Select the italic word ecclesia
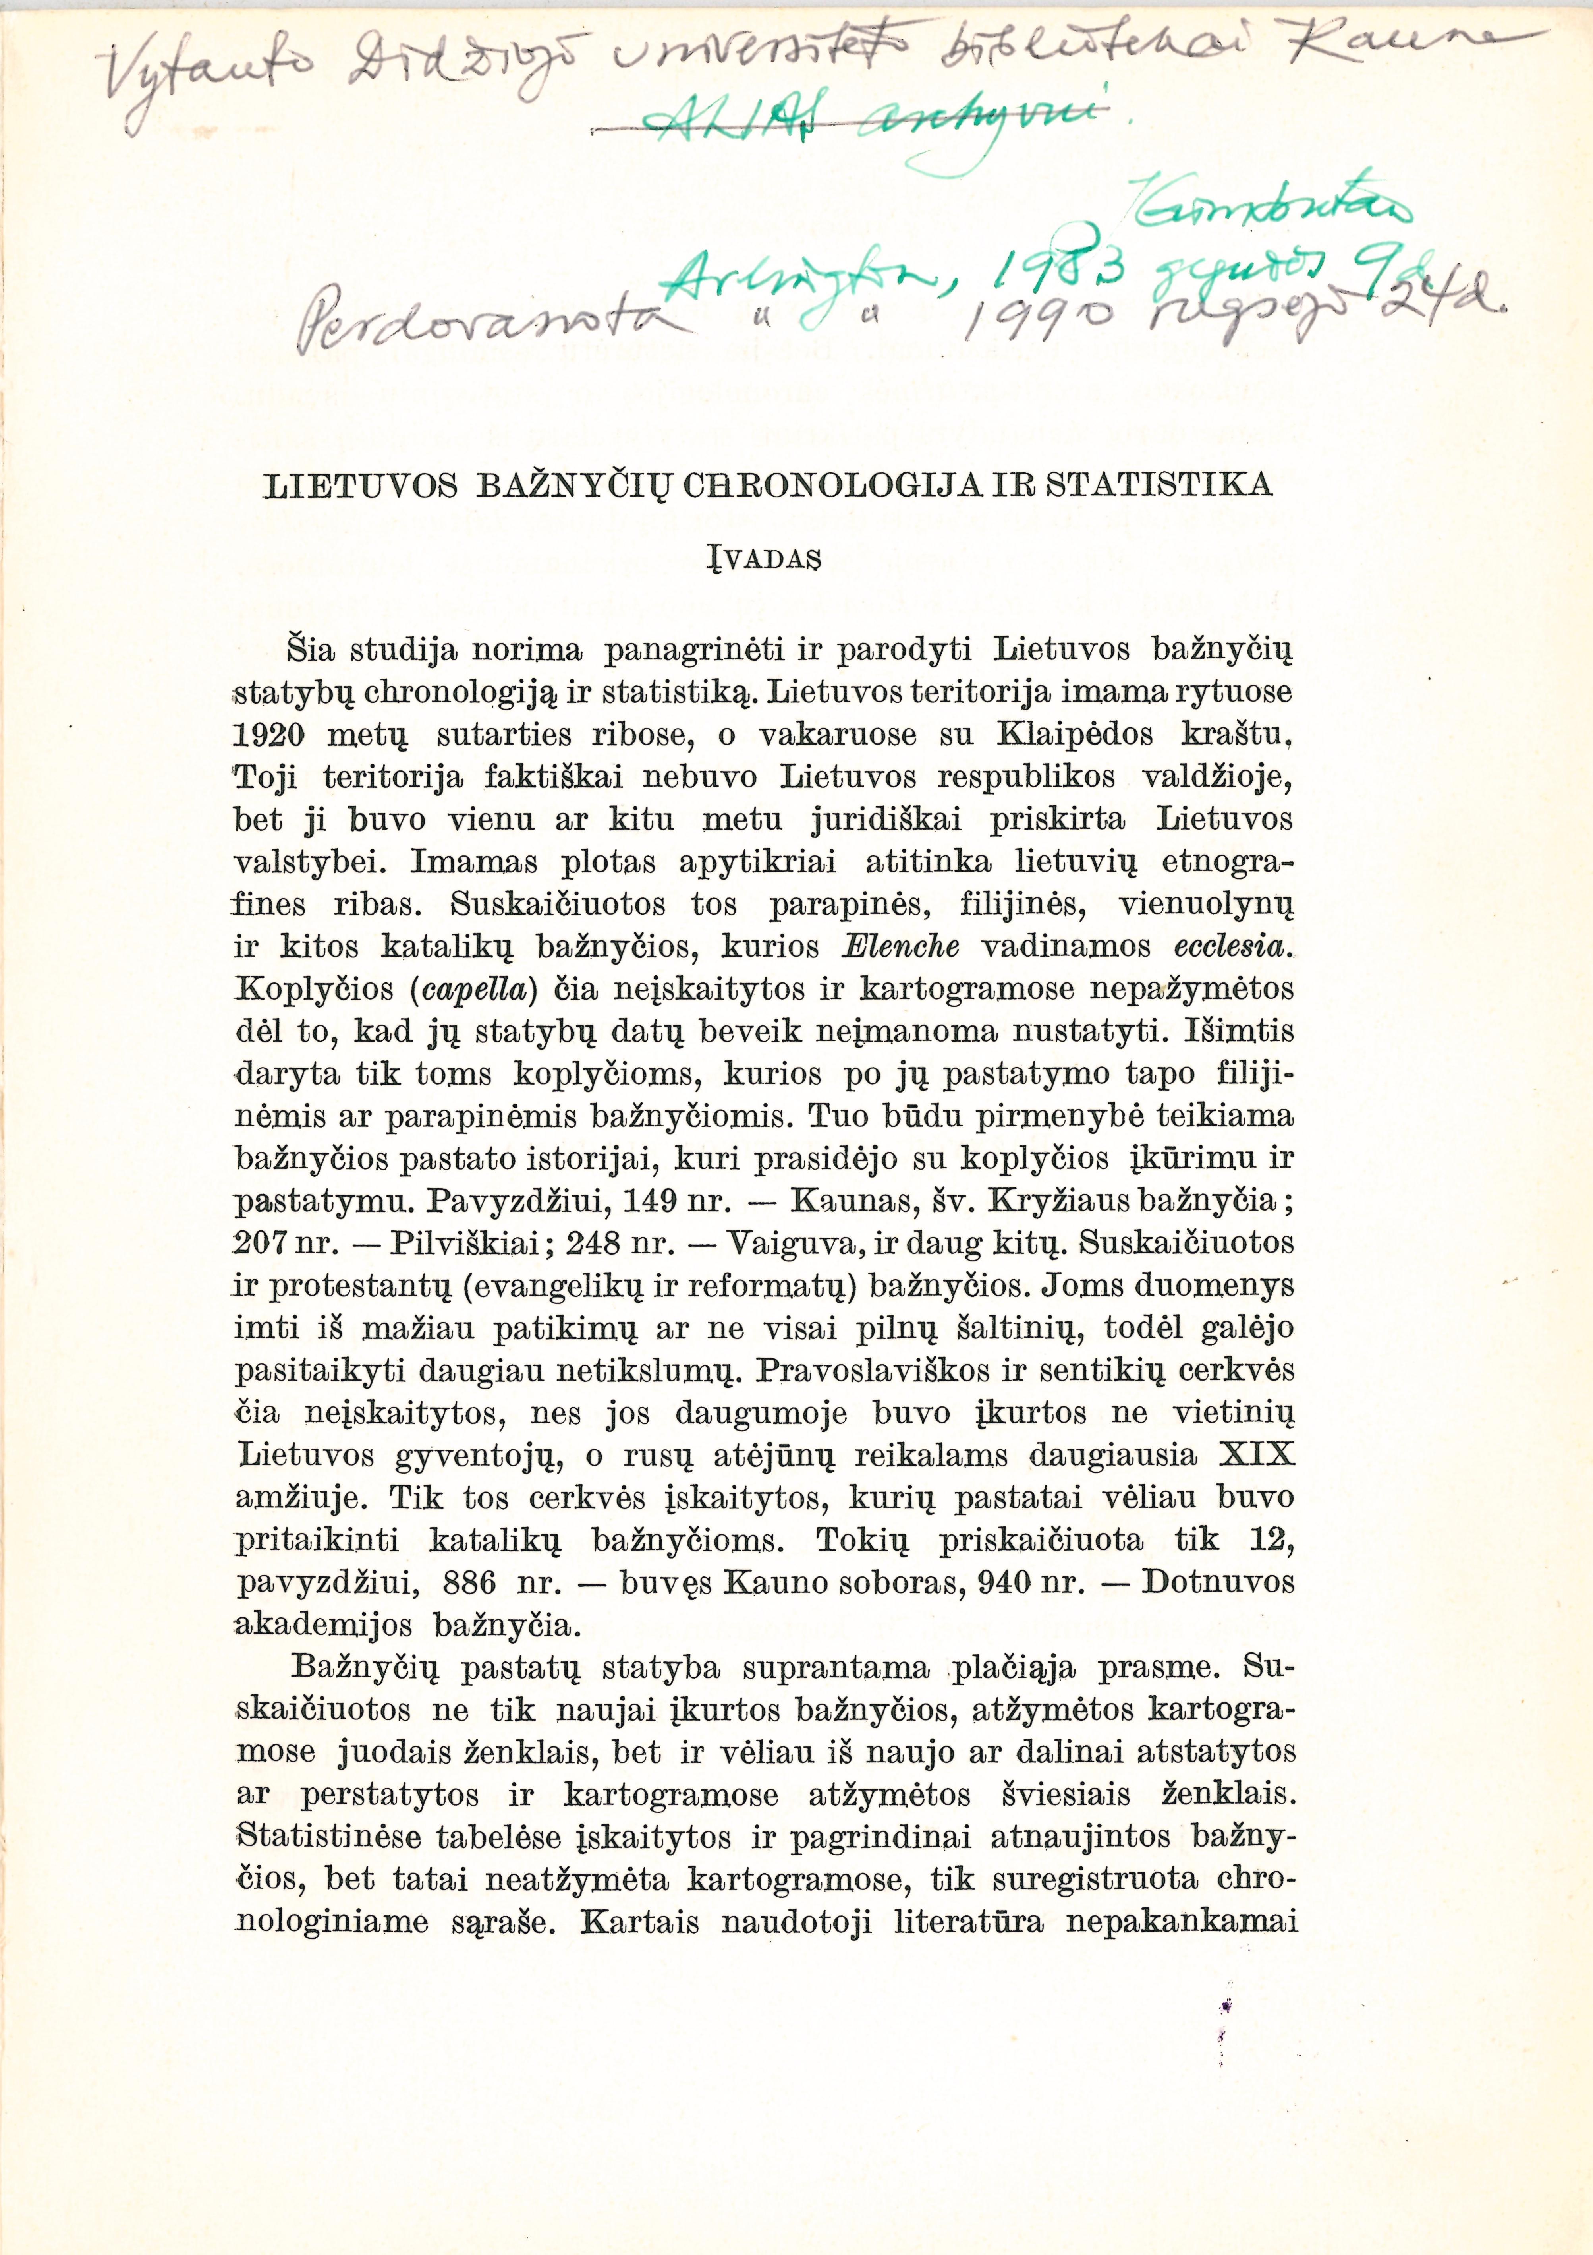coord(1230,947)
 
